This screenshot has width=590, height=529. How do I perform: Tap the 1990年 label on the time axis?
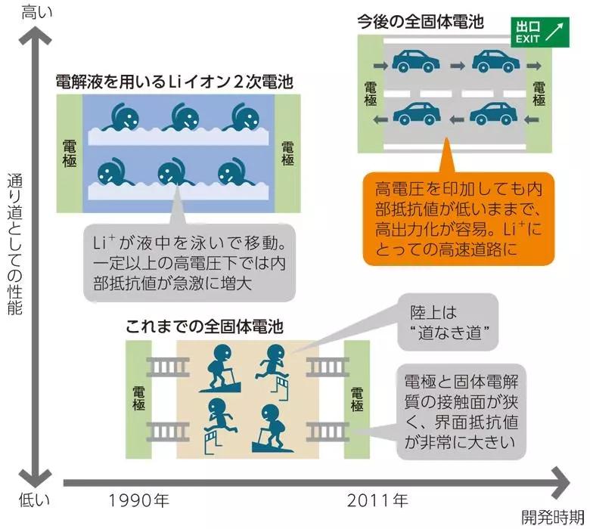click(139, 500)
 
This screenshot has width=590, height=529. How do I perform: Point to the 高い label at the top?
click(33, 11)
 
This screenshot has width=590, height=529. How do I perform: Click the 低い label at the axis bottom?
click(33, 500)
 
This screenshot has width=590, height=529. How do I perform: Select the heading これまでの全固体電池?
click(204, 328)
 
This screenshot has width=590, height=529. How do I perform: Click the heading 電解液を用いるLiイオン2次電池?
click(175, 81)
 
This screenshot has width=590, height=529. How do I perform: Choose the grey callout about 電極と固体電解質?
click(461, 412)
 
